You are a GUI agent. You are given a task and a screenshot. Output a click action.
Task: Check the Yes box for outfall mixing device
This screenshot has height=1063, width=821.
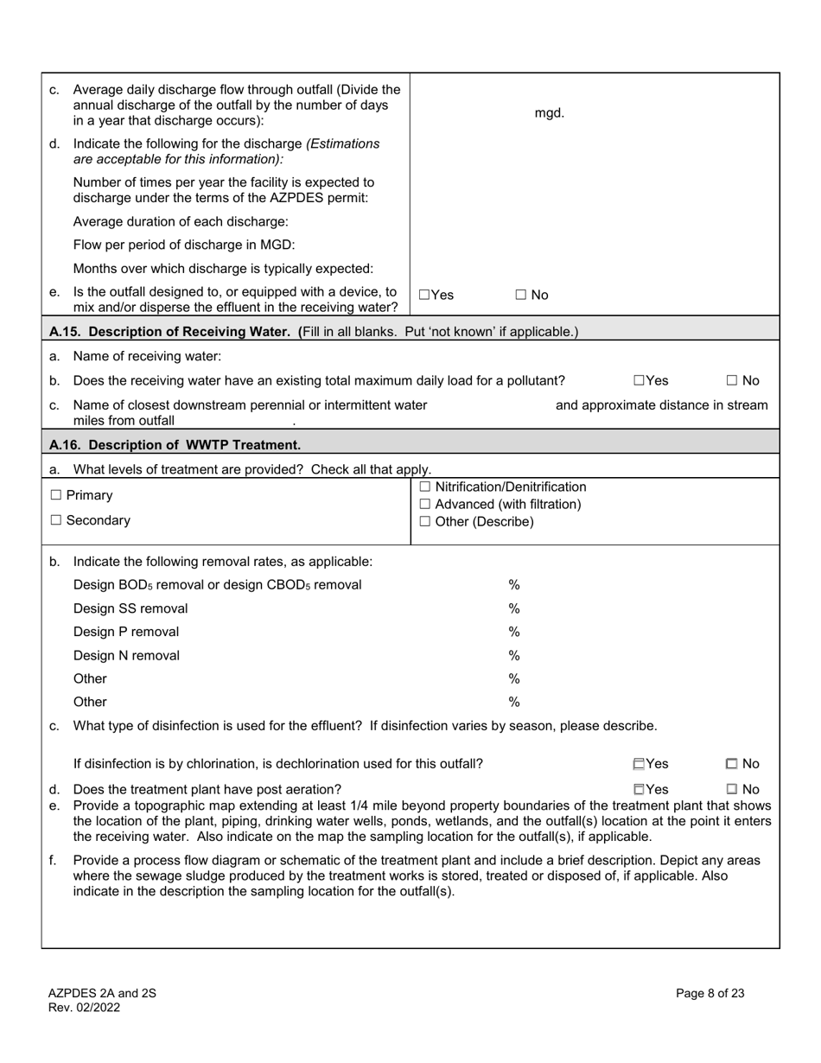pyautogui.click(x=424, y=295)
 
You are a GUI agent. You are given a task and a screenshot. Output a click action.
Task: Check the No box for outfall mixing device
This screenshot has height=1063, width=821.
pyautogui.click(x=521, y=295)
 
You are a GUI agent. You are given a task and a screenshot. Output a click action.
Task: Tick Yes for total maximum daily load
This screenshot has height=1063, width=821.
pyautogui.click(x=639, y=380)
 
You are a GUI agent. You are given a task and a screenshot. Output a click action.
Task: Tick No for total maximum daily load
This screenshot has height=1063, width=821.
pyautogui.click(x=731, y=380)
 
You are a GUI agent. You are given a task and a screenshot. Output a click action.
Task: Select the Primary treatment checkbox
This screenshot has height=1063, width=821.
pyautogui.click(x=56, y=495)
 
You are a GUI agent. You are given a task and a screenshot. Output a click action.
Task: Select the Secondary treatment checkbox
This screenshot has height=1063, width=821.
pyautogui.click(x=56, y=520)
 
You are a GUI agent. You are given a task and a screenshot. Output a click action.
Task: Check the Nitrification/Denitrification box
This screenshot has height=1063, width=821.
pyautogui.click(x=424, y=487)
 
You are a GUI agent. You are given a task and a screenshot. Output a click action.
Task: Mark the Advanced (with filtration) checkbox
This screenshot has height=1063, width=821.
pyautogui.click(x=424, y=505)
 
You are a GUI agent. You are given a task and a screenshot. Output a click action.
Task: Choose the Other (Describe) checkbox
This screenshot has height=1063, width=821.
pyautogui.click(x=424, y=522)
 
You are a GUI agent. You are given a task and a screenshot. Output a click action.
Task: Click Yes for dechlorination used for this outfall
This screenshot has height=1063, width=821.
pyautogui.click(x=639, y=764)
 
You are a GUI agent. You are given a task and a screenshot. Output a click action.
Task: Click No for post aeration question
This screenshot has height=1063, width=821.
pyautogui.click(x=731, y=789)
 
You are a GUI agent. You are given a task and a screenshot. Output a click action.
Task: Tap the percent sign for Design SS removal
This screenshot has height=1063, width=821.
pyautogui.click(x=513, y=608)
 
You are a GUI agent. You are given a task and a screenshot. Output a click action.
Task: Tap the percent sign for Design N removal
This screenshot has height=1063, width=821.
pyautogui.click(x=513, y=655)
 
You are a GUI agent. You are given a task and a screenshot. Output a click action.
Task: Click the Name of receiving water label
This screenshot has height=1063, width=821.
pyautogui.click(x=147, y=356)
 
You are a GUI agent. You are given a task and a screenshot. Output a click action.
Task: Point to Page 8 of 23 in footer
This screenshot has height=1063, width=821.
pyautogui.click(x=710, y=994)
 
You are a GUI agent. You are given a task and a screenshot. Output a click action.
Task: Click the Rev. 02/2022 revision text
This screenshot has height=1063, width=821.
pyautogui.click(x=84, y=1008)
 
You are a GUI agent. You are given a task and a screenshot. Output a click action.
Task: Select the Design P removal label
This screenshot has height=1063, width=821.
pyautogui.click(x=126, y=632)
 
